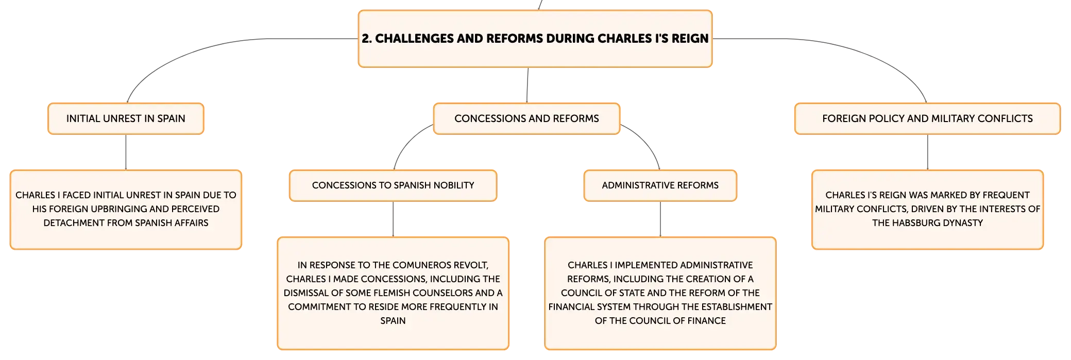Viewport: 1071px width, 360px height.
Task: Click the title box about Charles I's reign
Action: click(535, 39)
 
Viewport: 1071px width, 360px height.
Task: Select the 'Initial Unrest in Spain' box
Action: click(126, 118)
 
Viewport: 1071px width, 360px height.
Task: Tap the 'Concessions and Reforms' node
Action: click(526, 118)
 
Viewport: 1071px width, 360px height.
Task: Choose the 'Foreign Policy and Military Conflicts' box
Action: click(927, 118)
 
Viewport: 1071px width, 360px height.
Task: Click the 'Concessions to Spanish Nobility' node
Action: click(393, 185)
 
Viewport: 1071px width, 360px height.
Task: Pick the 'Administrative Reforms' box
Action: click(660, 185)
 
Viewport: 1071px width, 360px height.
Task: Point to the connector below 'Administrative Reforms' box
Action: click(660, 219)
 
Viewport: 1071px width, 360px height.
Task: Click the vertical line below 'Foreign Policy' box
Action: click(928, 152)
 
